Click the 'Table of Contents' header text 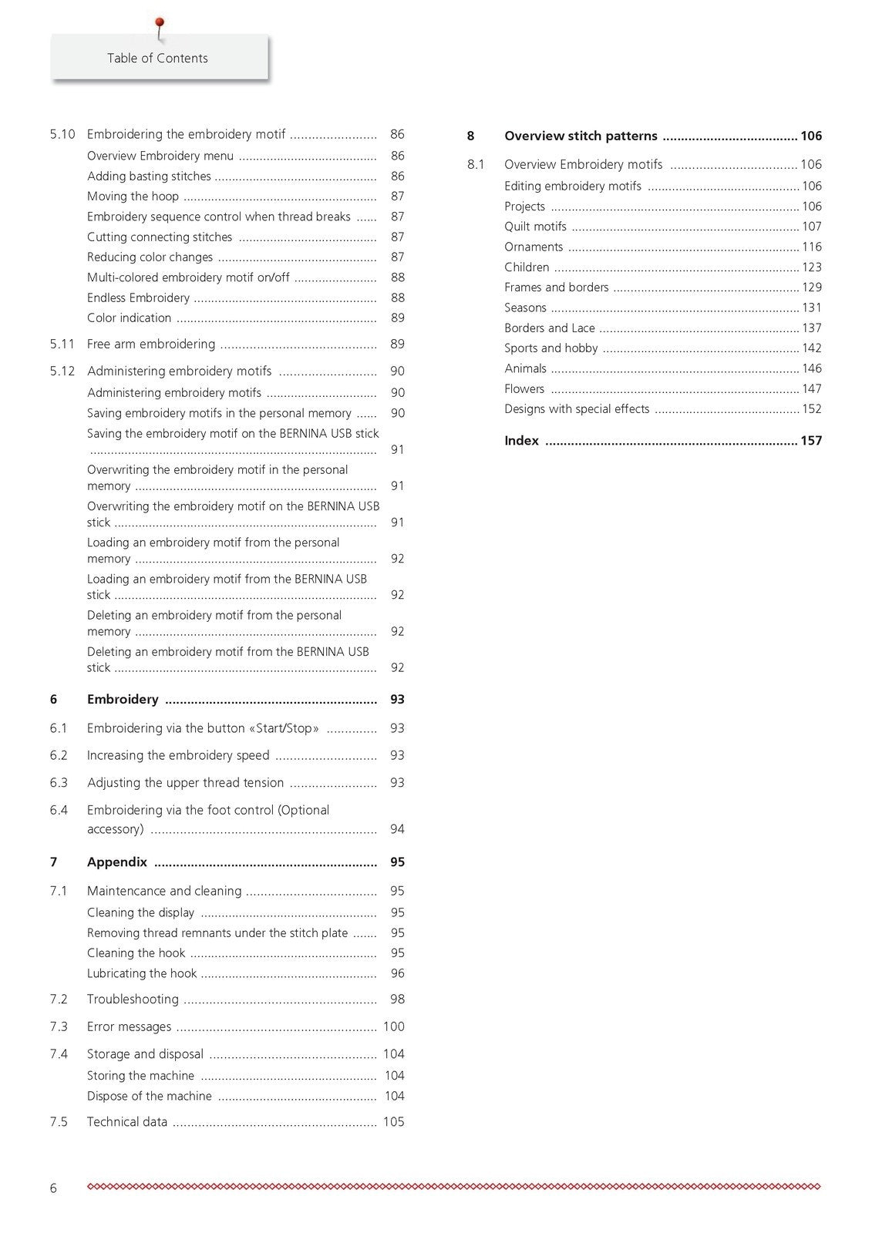click(157, 59)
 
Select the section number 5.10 click(62, 134)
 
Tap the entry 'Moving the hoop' click(133, 197)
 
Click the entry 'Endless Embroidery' click(138, 298)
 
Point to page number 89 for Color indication click(397, 318)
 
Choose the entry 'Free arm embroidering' click(151, 344)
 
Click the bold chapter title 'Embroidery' click(123, 700)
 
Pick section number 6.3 click(59, 783)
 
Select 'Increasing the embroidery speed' click(178, 756)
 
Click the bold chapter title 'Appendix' click(117, 862)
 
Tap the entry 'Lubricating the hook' click(142, 974)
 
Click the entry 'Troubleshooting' click(133, 1000)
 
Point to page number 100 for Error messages click(393, 1027)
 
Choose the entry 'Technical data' click(127, 1122)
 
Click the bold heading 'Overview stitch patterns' click(581, 136)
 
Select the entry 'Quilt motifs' click(535, 227)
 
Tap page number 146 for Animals click(811, 369)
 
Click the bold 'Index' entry click(521, 441)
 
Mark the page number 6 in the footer click(53, 1188)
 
